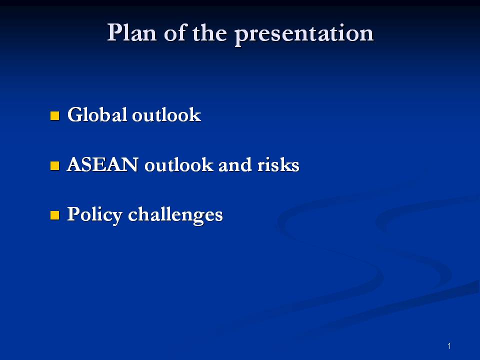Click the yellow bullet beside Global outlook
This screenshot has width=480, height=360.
54,116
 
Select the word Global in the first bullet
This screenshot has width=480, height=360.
97,115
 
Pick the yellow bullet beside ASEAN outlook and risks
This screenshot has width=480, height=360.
54,166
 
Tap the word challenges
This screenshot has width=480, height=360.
175,215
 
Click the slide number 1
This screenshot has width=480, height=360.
449,346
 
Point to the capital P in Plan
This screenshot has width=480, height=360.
114,33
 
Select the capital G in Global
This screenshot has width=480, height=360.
74,115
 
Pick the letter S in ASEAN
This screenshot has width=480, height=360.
86,165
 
